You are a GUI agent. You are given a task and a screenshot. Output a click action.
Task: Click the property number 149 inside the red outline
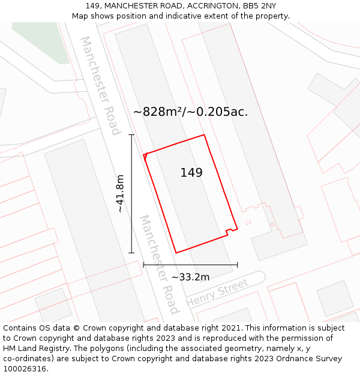191,173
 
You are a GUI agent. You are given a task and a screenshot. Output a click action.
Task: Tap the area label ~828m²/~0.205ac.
190,112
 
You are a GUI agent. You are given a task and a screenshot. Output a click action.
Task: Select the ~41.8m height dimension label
121,193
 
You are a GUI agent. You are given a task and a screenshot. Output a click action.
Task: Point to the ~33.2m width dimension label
190,277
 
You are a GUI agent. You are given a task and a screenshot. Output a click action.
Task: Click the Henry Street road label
217,293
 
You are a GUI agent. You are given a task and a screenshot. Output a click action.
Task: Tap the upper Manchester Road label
100,85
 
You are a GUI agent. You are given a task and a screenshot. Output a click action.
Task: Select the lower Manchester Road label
160,264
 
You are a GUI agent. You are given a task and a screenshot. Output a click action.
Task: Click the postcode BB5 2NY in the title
260,6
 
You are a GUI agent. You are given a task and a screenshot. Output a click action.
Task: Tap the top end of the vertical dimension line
131,135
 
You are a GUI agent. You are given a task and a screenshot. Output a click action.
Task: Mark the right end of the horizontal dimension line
238,265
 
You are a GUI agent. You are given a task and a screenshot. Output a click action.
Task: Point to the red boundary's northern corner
205,134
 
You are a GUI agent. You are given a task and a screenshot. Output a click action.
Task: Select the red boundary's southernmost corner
176,253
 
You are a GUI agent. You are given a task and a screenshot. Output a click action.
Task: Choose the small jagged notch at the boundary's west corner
145,157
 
